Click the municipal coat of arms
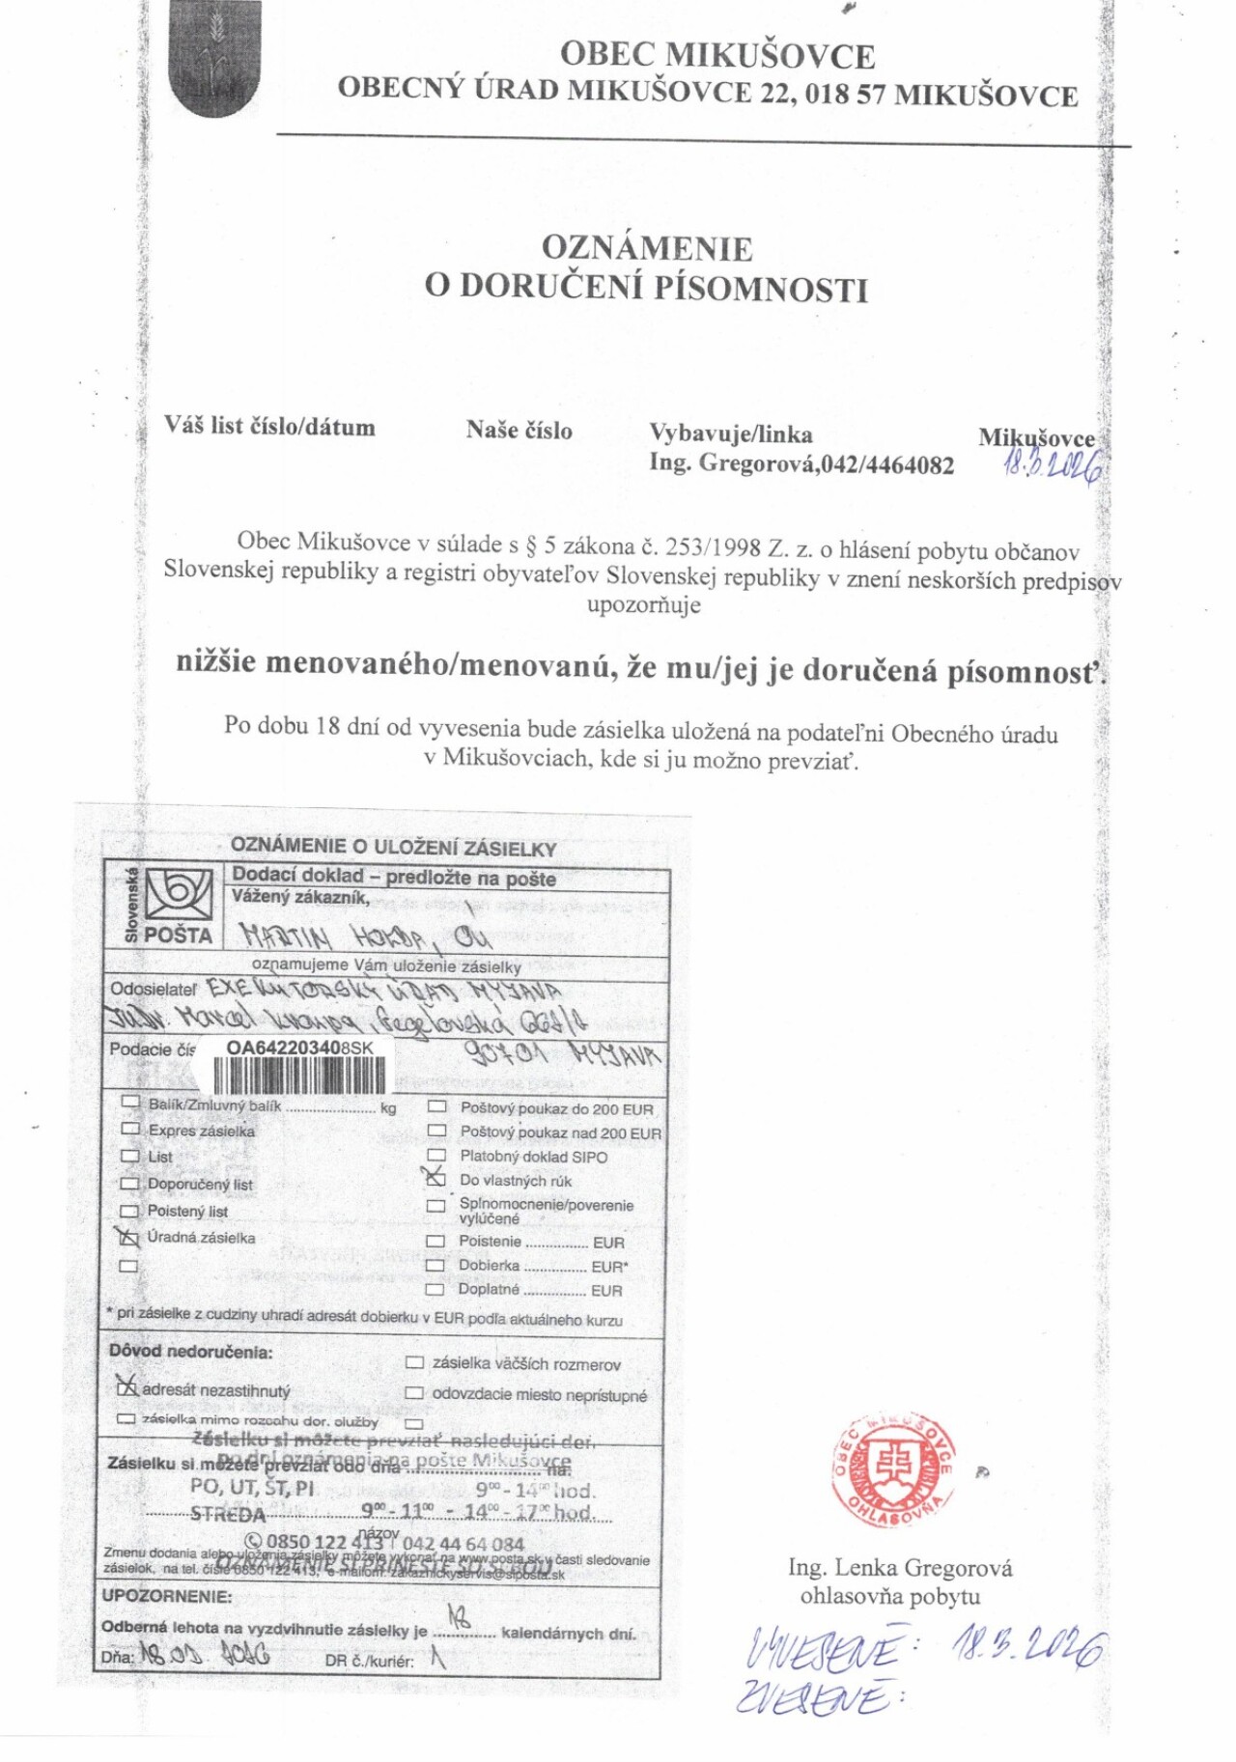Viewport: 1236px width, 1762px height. (213, 58)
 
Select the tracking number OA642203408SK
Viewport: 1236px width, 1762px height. (299, 1048)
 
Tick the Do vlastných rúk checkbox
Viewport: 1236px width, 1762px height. (436, 1179)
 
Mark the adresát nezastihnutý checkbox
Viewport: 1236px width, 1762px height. (126, 1387)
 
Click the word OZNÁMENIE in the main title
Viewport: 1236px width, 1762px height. (646, 248)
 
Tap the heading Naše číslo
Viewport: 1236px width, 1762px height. (519, 431)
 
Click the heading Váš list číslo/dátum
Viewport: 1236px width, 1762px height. (269, 427)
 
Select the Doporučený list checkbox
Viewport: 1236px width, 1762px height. (129, 1184)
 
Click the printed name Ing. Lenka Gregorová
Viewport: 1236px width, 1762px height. (900, 1568)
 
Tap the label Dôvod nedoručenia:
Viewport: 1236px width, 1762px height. (190, 1352)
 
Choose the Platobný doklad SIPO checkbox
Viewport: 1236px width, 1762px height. (436, 1156)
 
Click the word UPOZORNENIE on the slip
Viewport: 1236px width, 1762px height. (167, 1597)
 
